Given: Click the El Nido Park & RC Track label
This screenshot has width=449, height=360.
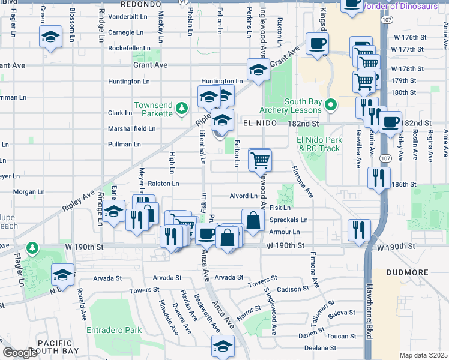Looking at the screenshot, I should tap(319, 144).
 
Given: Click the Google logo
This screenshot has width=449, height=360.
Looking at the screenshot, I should tap(20, 353).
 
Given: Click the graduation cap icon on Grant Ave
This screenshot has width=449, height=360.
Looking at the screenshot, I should tap(258, 70).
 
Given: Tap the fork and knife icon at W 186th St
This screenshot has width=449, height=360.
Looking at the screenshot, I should tap(379, 178).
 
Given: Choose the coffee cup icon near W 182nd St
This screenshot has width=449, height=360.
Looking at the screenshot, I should tap(391, 122).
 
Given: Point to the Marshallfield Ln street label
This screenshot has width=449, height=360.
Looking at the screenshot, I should tap(131, 128).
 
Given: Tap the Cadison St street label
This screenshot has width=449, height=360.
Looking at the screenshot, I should tap(293, 289).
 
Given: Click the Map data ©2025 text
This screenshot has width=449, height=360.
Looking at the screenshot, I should tap(423, 355).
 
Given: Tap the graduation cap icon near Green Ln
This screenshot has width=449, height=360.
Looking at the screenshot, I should tap(52, 37).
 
